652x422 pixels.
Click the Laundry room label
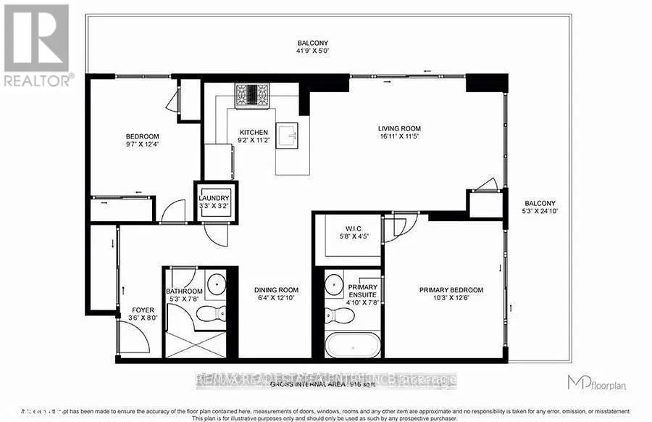tap(214, 198)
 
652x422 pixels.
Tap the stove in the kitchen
tap(251, 95)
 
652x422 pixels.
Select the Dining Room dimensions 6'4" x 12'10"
tap(276, 298)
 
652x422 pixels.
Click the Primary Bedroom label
tap(451, 290)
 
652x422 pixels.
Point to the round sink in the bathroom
tap(216, 284)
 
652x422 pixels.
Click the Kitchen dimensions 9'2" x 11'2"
tap(254, 141)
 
